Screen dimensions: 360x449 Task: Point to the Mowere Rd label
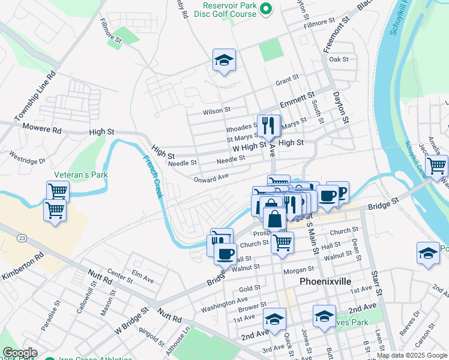(x=42, y=129)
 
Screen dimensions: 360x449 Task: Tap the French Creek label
(x=153, y=177)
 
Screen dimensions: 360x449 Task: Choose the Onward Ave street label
(x=211, y=178)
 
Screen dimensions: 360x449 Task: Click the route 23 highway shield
(x=22, y=238)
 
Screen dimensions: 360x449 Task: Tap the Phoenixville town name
(x=325, y=281)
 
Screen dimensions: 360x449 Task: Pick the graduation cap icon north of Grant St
(x=224, y=60)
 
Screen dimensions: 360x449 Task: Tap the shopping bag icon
(x=274, y=218)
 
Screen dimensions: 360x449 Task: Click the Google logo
(x=20, y=353)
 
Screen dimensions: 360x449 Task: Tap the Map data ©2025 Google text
(x=411, y=355)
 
